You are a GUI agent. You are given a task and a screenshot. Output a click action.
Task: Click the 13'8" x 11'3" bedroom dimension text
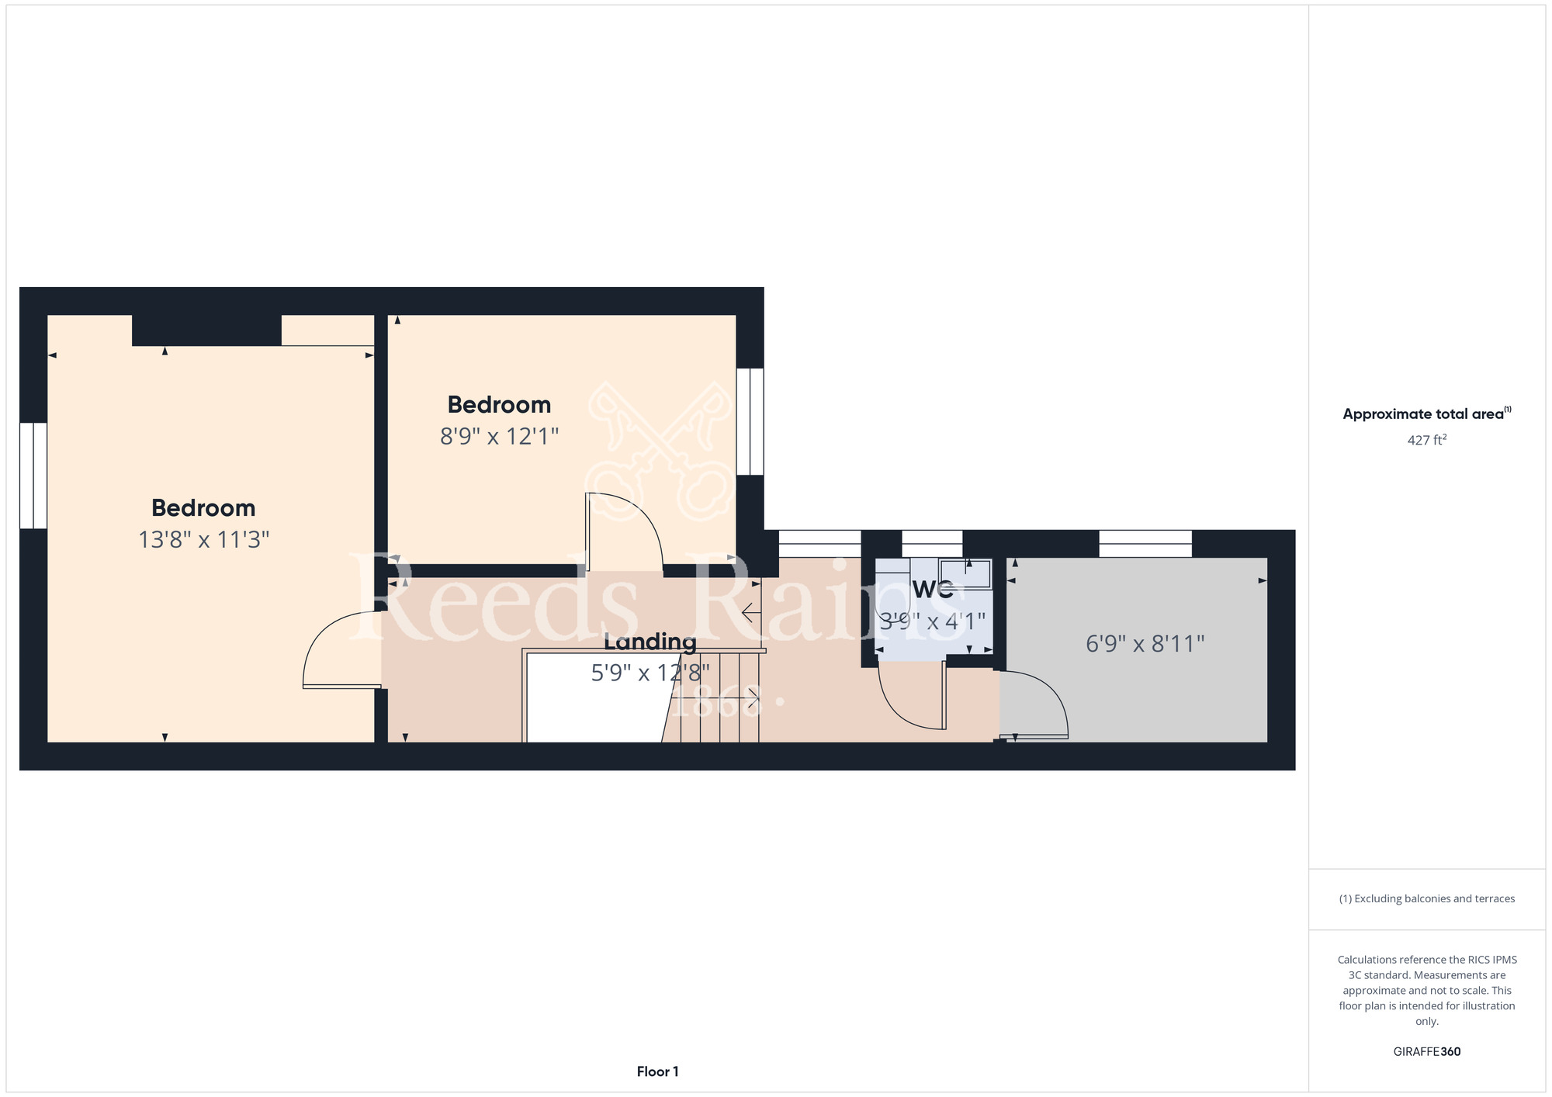203,539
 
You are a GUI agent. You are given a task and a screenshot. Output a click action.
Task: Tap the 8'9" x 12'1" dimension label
499,436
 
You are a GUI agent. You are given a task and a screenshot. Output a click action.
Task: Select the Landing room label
650,642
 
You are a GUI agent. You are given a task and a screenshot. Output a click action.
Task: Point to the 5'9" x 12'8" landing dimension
650,673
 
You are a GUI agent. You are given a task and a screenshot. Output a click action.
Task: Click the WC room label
933,590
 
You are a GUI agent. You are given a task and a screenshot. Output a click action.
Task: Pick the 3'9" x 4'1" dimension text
933,621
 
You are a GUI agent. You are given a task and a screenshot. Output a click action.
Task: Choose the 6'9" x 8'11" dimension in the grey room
1145,644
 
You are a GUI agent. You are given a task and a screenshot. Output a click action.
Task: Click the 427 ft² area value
1427,440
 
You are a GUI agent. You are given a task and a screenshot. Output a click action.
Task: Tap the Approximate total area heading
1427,414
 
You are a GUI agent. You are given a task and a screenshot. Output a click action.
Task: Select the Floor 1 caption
658,1071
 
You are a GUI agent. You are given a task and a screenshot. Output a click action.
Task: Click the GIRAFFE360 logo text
1427,1052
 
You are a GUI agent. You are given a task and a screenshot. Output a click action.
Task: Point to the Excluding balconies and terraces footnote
1427,898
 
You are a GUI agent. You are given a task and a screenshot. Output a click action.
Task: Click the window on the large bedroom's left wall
33,476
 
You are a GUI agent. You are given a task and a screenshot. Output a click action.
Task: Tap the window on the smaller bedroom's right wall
750,421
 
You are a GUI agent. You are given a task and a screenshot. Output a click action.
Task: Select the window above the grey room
1145,544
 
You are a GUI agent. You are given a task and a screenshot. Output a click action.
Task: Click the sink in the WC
965,573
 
